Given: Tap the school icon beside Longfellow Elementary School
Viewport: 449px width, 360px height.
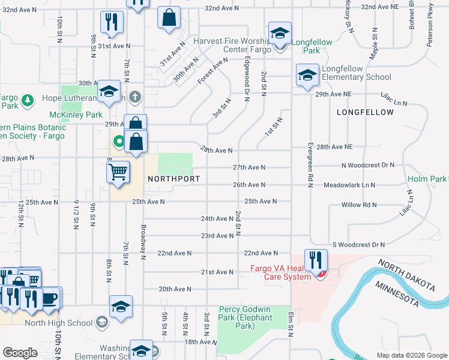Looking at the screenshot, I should coord(307,76).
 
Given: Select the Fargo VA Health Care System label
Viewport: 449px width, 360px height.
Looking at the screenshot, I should coord(280,272).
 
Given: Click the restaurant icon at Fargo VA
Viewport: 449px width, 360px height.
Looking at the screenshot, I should coord(316,260).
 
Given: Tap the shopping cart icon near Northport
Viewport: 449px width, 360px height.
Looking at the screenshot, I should coord(118,172).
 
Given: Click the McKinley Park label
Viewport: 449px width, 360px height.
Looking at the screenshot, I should coord(75,114).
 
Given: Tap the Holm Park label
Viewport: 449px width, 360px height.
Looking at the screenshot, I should coord(427,179).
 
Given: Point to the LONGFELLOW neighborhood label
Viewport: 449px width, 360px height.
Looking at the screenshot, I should coord(365,112).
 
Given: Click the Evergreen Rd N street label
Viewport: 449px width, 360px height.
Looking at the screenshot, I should coord(311,164).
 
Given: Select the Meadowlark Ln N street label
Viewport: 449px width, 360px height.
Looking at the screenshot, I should coord(349,185).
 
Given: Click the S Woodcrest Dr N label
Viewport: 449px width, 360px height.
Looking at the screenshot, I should coord(358,245).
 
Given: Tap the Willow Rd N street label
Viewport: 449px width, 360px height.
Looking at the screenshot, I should coord(359,205).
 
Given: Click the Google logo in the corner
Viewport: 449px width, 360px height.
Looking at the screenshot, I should coord(20,352).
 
